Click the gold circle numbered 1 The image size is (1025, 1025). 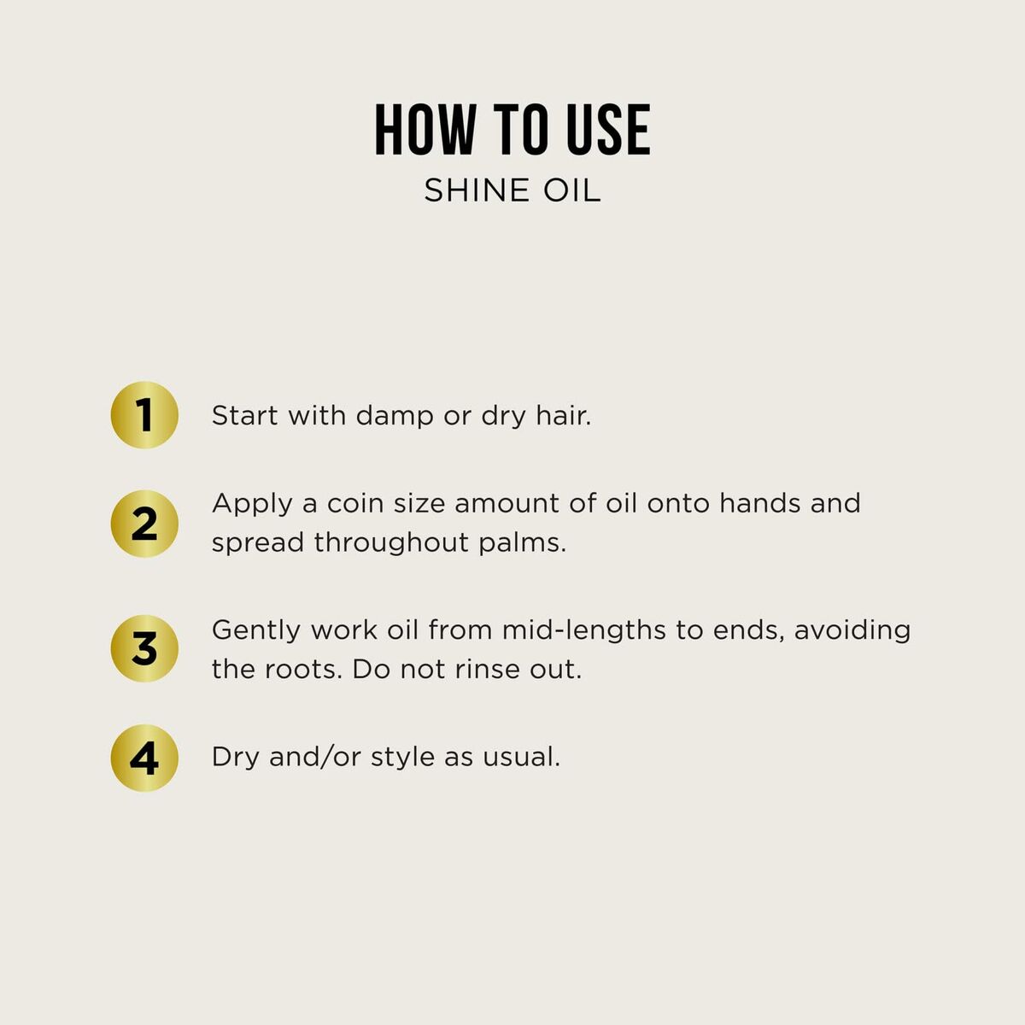(x=144, y=415)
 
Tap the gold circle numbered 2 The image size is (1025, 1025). (x=144, y=524)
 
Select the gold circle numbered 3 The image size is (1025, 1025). (x=144, y=649)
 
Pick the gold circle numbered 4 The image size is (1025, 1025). (x=144, y=758)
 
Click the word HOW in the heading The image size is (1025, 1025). (x=425, y=131)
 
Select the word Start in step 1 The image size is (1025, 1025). (x=244, y=416)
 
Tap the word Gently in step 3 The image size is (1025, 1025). (x=256, y=631)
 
